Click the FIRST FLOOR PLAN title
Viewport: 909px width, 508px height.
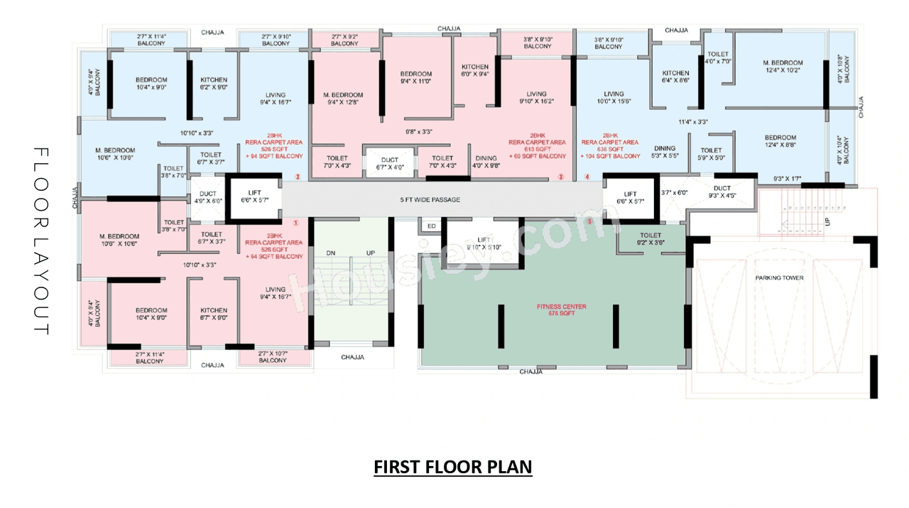point(453,468)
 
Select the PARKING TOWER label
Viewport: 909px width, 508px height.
point(779,277)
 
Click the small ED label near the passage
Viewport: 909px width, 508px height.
point(431,226)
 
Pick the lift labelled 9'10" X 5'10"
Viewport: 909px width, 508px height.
point(483,243)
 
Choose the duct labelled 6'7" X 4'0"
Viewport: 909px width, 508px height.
point(389,164)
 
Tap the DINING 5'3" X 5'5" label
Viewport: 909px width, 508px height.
point(665,152)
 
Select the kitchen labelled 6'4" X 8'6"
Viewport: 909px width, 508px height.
point(675,77)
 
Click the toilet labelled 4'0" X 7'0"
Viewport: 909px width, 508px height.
point(718,57)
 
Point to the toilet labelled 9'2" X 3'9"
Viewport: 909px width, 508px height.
point(650,239)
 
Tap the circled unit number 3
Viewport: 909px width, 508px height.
point(561,177)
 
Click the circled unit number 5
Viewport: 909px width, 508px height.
point(589,221)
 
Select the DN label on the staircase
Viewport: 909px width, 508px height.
point(331,253)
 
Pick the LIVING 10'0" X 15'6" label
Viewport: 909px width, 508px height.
point(614,98)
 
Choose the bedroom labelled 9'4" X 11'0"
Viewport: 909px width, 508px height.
point(415,78)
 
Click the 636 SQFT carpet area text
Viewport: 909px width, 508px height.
point(610,149)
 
